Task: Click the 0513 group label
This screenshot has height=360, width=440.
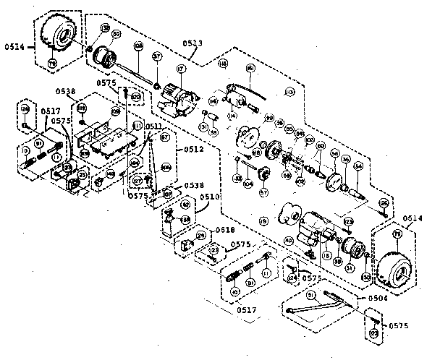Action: (192, 44)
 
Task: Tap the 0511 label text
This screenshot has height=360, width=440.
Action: (154, 127)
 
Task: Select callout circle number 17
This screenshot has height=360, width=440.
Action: (180, 70)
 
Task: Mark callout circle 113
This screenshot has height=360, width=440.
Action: (289, 93)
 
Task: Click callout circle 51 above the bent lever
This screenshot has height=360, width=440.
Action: (311, 295)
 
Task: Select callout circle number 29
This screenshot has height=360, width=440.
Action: (200, 236)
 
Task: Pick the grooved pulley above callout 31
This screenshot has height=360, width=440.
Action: (352, 248)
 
